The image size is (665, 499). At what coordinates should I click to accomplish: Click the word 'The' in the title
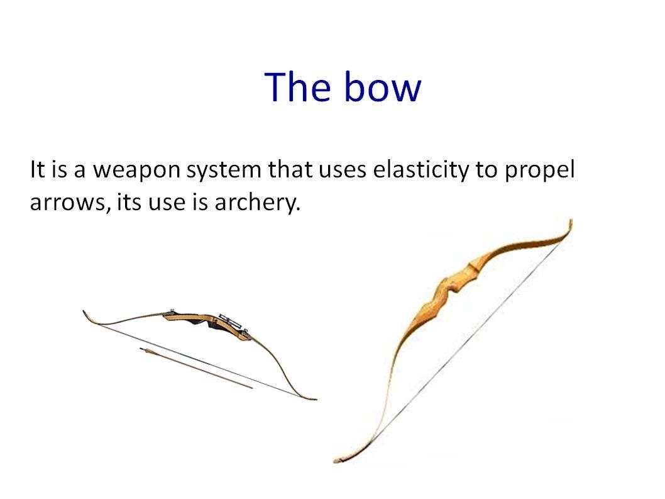[x=297, y=87]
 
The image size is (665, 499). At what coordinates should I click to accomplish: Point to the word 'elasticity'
[x=421, y=169]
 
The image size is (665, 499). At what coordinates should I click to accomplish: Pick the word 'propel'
[x=539, y=170]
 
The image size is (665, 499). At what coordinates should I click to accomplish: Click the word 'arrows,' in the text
[x=69, y=203]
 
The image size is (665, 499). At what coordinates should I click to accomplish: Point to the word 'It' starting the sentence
[x=37, y=169]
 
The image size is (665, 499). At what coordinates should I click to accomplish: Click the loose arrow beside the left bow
[x=196, y=367]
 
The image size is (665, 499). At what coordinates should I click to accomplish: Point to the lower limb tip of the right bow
[x=337, y=460]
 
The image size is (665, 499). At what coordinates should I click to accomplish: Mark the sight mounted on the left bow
[x=232, y=322]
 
